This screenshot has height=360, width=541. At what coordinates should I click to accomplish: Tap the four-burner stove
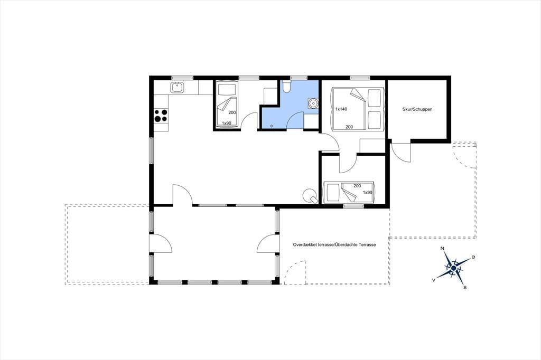(x=161, y=116)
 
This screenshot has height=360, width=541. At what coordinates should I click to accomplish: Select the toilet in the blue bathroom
(x=286, y=87)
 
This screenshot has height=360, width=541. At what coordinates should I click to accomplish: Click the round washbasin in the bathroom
(x=313, y=103)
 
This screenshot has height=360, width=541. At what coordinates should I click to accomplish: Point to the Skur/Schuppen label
(x=417, y=109)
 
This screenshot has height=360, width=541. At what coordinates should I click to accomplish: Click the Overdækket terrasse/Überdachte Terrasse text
(x=334, y=244)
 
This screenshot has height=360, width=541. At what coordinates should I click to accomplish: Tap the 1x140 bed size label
(x=341, y=109)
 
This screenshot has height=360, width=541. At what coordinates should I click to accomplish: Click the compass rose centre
(x=454, y=268)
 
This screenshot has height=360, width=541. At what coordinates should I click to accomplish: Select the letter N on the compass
(x=442, y=248)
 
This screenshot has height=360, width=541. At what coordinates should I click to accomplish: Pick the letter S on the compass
(x=465, y=287)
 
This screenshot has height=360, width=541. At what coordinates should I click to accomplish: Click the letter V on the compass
(x=433, y=280)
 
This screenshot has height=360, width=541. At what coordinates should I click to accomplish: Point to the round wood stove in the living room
(x=310, y=196)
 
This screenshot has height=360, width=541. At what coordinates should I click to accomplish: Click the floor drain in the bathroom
(x=272, y=126)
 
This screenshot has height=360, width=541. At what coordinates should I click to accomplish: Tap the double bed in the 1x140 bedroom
(x=358, y=109)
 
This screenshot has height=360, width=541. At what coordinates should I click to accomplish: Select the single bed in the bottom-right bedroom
(x=349, y=192)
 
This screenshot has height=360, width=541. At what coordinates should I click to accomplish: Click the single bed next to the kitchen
(x=226, y=105)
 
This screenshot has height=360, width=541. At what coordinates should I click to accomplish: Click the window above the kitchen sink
(x=182, y=78)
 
